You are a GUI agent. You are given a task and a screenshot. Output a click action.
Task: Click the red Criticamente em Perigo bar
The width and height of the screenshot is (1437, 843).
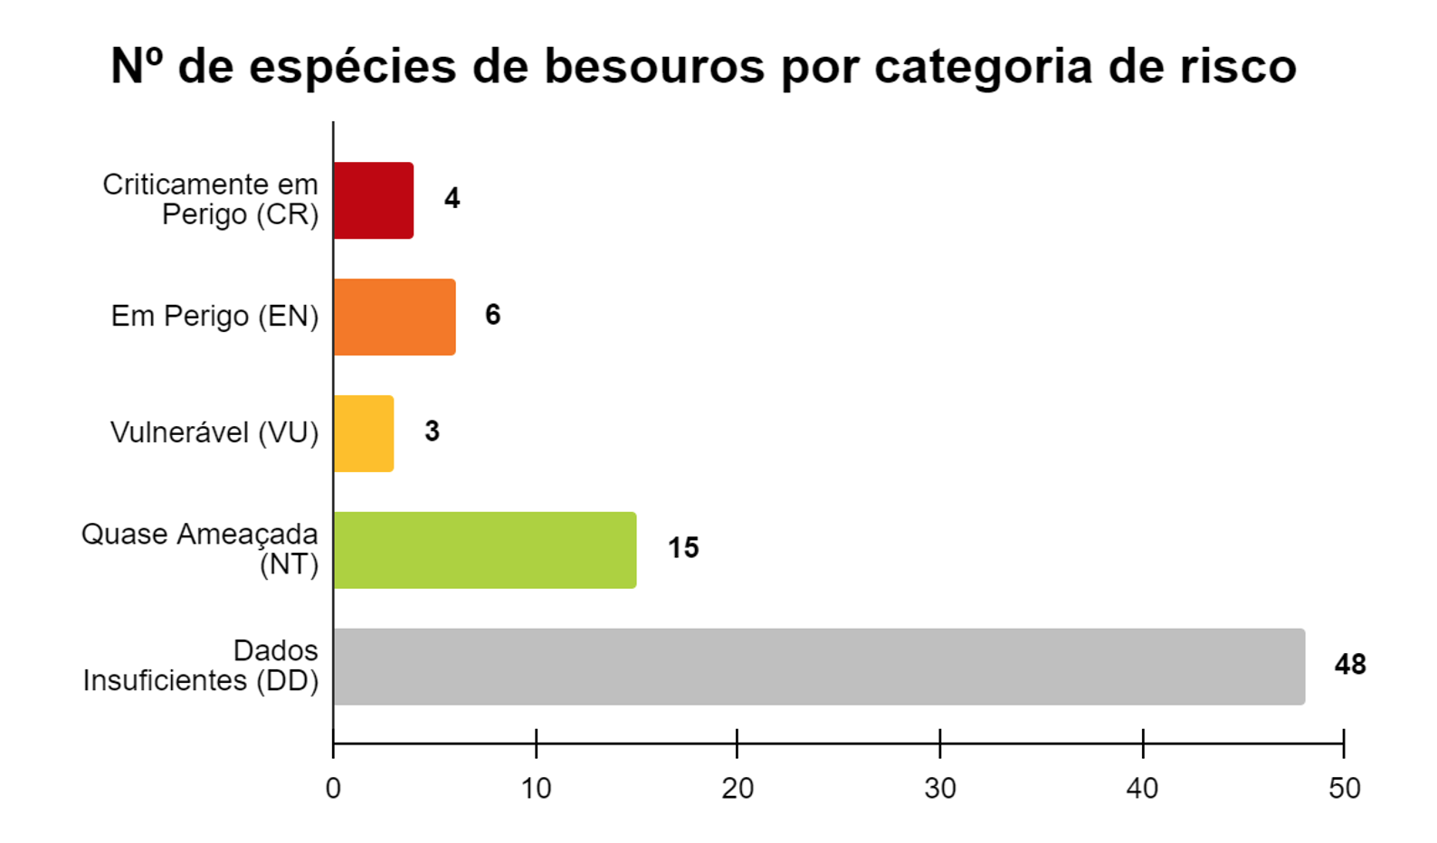(374, 201)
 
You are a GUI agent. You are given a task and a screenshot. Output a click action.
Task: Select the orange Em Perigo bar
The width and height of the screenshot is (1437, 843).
(395, 317)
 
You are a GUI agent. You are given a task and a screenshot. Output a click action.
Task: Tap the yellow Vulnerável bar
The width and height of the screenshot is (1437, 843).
(364, 433)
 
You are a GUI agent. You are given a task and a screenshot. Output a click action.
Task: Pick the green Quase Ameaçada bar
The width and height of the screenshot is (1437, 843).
(485, 550)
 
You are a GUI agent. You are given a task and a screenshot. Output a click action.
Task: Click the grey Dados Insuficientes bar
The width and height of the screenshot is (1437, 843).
(819, 667)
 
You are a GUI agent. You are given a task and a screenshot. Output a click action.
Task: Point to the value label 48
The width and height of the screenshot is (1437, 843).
(1349, 665)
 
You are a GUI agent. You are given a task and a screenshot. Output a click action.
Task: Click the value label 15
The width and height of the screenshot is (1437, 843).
(683, 548)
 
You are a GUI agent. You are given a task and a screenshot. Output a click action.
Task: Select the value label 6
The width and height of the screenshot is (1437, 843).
(492, 315)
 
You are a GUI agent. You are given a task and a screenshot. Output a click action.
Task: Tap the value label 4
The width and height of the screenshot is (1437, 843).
(452, 198)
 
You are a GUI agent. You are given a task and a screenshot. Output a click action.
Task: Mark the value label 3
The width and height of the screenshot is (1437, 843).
(432, 431)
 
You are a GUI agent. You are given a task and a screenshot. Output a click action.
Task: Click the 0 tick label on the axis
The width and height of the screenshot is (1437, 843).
(333, 789)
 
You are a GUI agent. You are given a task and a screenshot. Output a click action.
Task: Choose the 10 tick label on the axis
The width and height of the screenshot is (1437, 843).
(536, 789)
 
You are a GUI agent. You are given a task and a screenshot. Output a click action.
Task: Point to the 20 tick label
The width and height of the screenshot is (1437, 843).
(738, 789)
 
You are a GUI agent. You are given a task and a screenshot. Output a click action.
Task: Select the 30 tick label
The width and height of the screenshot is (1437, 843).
(940, 789)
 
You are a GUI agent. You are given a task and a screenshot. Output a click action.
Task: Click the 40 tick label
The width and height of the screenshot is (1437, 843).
(1142, 789)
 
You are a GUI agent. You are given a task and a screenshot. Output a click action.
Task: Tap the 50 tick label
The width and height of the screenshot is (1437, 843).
(1344, 789)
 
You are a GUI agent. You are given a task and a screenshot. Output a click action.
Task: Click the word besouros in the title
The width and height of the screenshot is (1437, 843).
(654, 66)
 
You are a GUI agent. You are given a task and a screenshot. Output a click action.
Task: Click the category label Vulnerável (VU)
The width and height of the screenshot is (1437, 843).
(214, 433)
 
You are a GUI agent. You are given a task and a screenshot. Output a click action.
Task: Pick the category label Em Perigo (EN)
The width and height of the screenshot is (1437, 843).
(214, 317)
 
